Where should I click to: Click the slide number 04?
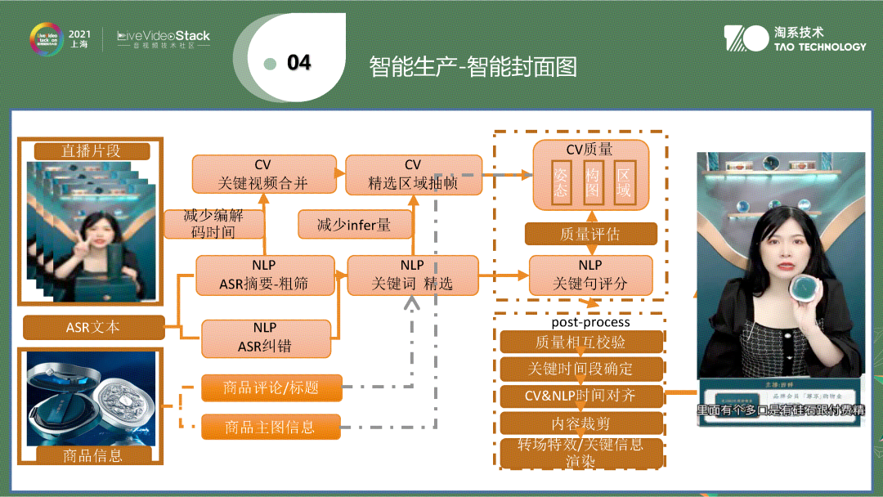click(299, 63)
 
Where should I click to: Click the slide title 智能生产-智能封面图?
click(473, 66)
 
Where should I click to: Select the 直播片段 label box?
click(91, 150)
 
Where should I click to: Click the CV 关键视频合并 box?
click(264, 174)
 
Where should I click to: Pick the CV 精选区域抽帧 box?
click(413, 174)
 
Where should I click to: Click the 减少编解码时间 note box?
click(214, 224)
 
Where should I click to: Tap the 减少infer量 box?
click(354, 224)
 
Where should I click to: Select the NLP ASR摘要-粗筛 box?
click(265, 275)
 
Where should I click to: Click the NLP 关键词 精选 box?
click(412, 275)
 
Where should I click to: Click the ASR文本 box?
click(93, 327)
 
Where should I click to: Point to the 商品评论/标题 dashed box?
click(271, 387)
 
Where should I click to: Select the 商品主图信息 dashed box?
click(271, 426)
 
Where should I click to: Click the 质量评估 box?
click(590, 234)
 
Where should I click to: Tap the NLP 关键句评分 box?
click(590, 275)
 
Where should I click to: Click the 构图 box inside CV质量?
click(593, 182)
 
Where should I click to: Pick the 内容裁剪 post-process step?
click(580, 423)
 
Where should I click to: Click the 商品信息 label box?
click(92, 455)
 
